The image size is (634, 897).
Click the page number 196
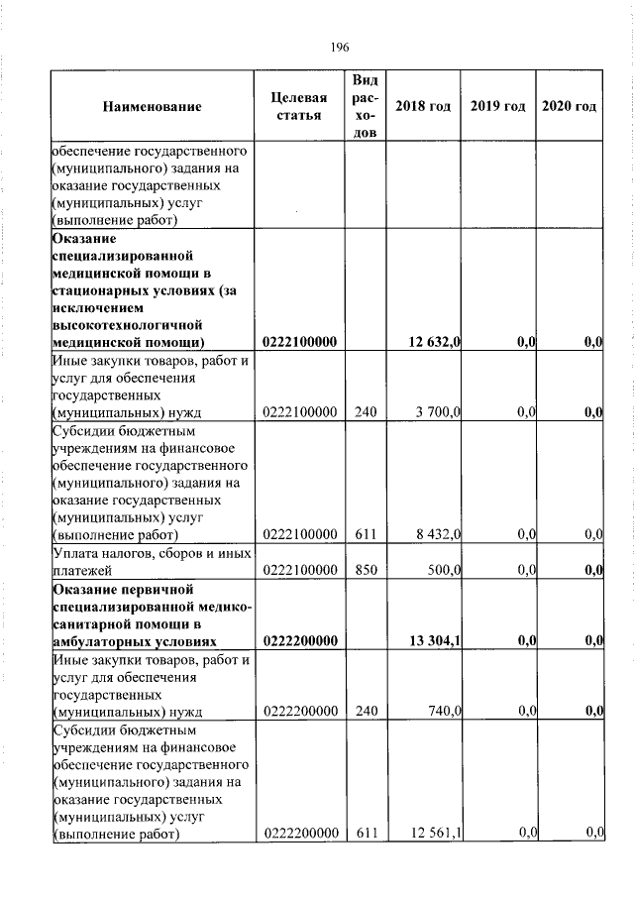tap(341, 47)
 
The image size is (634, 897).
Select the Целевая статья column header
tap(298, 107)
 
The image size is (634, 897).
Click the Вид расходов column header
tap(365, 106)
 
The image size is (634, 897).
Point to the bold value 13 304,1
tap(434, 640)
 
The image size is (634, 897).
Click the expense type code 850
tap(366, 570)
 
